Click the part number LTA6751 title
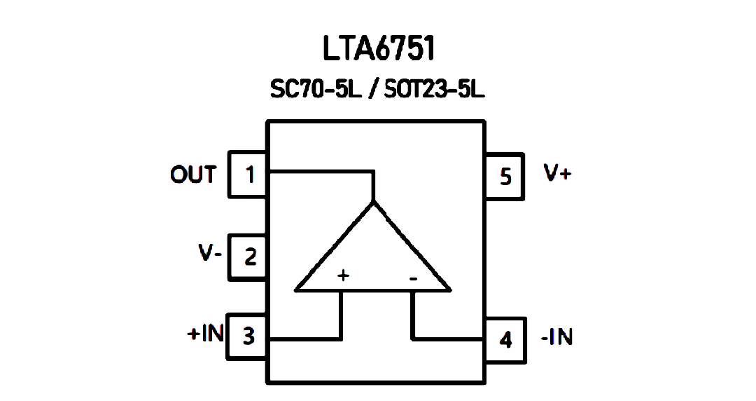point(379,48)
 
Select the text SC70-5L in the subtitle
point(316,90)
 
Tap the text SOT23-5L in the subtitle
point(434,90)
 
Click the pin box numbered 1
point(247,175)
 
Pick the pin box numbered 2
point(247,257)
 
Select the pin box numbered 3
point(247,337)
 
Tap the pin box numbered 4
point(505,340)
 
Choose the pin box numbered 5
point(504,177)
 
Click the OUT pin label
point(193,175)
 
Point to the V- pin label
point(210,252)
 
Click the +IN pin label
point(205,333)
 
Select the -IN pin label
point(557,337)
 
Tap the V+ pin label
point(557,173)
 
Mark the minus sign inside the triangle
point(413,279)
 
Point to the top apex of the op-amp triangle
point(373,202)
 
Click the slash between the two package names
point(372,90)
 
